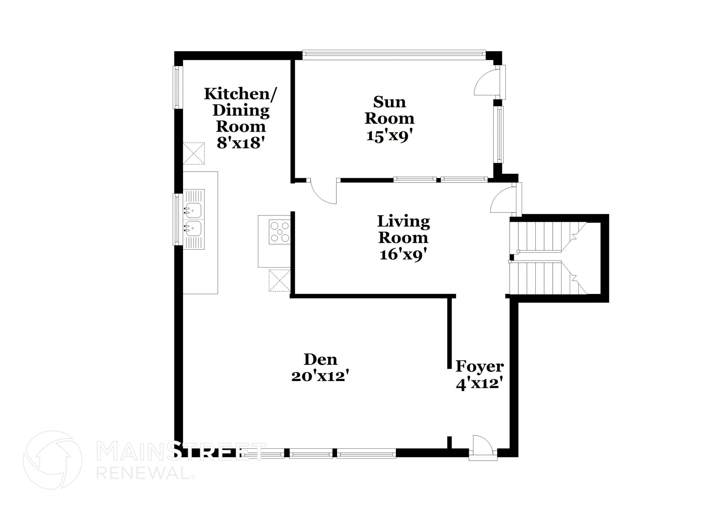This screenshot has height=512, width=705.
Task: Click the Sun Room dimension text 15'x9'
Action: click(x=389, y=135)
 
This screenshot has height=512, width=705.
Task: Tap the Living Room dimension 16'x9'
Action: click(x=403, y=254)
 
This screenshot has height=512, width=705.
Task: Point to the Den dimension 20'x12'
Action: click(x=320, y=376)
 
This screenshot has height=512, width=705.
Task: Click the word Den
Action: click(x=320, y=360)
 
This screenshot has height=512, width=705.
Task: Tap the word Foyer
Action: click(x=480, y=367)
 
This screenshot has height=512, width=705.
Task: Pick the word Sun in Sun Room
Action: click(x=389, y=102)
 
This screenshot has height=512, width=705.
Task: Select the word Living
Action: click(x=403, y=221)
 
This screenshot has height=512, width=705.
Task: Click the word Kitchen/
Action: click(x=240, y=94)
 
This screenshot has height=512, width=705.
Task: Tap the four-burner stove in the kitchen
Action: click(x=280, y=232)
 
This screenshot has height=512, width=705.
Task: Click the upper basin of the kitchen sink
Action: click(x=193, y=210)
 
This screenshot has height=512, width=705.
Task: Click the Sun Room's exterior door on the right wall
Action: click(x=487, y=83)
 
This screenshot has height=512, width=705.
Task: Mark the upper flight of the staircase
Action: click(x=547, y=236)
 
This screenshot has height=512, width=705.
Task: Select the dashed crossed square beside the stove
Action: click(x=280, y=281)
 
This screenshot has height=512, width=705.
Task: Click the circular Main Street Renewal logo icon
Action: click(x=52, y=460)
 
